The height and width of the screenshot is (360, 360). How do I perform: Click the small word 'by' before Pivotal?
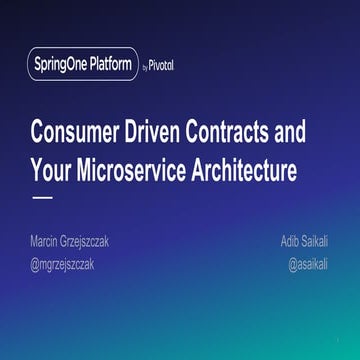click(146, 67)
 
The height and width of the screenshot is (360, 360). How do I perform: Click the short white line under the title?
click(43, 198)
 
